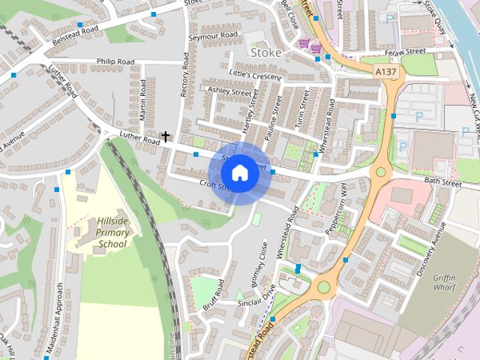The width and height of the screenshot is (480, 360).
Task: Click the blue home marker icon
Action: (x=239, y=172)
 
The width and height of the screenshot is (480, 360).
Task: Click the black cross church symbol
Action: (x=165, y=137)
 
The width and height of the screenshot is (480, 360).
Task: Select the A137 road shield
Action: (x=387, y=71)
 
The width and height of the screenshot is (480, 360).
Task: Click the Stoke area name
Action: (x=265, y=53)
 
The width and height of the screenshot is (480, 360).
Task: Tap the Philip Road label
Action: (x=115, y=61)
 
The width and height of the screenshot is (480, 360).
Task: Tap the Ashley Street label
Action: (x=229, y=91)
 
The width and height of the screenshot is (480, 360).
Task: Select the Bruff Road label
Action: (x=213, y=295)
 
